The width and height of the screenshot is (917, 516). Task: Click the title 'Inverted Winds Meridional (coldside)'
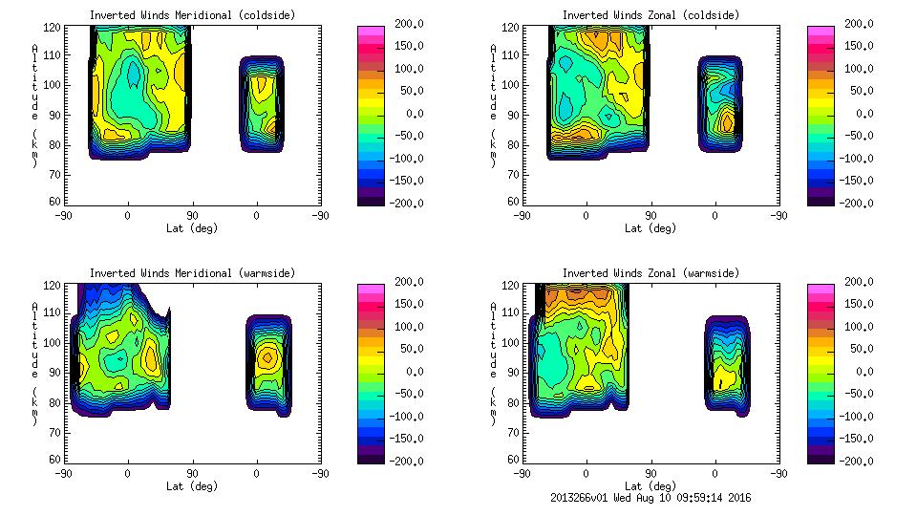[193, 15]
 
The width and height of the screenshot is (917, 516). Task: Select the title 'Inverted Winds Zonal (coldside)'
[650, 15]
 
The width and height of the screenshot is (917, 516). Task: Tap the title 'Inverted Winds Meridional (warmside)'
[193, 273]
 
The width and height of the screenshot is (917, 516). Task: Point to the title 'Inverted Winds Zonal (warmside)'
[650, 273]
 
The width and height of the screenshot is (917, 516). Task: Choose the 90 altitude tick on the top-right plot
[513, 114]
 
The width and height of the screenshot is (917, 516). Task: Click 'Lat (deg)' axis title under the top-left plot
[193, 228]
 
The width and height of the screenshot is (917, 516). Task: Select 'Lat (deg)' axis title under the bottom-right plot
[650, 485]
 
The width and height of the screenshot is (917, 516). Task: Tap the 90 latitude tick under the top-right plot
[650, 216]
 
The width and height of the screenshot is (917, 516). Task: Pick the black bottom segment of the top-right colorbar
[821, 199]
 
